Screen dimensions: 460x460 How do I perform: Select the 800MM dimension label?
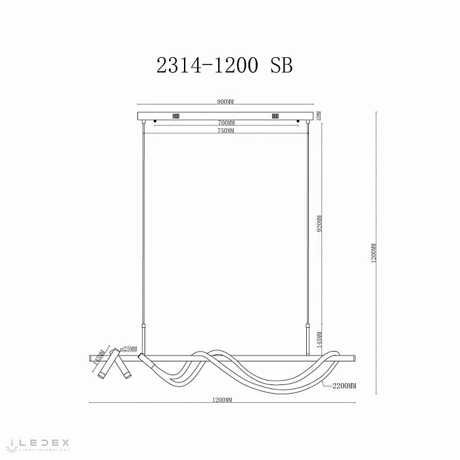[225, 102]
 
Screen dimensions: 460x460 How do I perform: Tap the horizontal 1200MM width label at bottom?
[223, 400]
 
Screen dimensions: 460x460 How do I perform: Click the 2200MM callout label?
[343, 386]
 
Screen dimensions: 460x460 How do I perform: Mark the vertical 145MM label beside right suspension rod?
[319, 339]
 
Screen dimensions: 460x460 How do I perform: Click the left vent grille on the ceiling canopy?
[175, 117]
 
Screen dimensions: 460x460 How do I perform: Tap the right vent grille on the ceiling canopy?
[274, 117]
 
